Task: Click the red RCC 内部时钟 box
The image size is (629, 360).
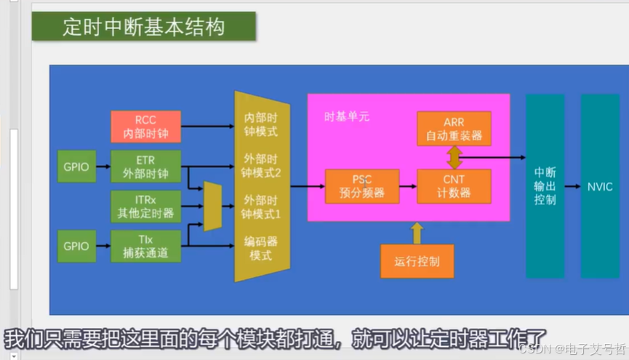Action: coord(145,127)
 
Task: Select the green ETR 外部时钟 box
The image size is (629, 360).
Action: coord(145,166)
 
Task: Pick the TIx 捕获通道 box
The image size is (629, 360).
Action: coord(145,246)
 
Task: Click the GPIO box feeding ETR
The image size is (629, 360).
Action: coord(76,167)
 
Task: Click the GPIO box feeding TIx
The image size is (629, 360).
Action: coord(76,246)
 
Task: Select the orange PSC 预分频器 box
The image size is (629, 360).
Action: coord(362,186)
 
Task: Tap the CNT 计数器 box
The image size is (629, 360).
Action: coord(454,186)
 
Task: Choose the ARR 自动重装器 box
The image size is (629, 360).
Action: coord(454,128)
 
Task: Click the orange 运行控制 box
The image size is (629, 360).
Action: coord(417,261)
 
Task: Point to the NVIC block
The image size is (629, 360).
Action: coord(600,186)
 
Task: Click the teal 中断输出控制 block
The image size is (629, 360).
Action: coord(545,186)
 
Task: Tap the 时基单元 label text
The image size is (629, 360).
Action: coord(347,116)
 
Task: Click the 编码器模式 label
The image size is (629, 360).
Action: coord(261,248)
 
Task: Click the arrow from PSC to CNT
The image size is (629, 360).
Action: coord(408,186)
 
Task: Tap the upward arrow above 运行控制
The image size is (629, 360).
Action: coord(417,233)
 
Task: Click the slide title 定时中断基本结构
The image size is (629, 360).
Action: coord(143,27)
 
